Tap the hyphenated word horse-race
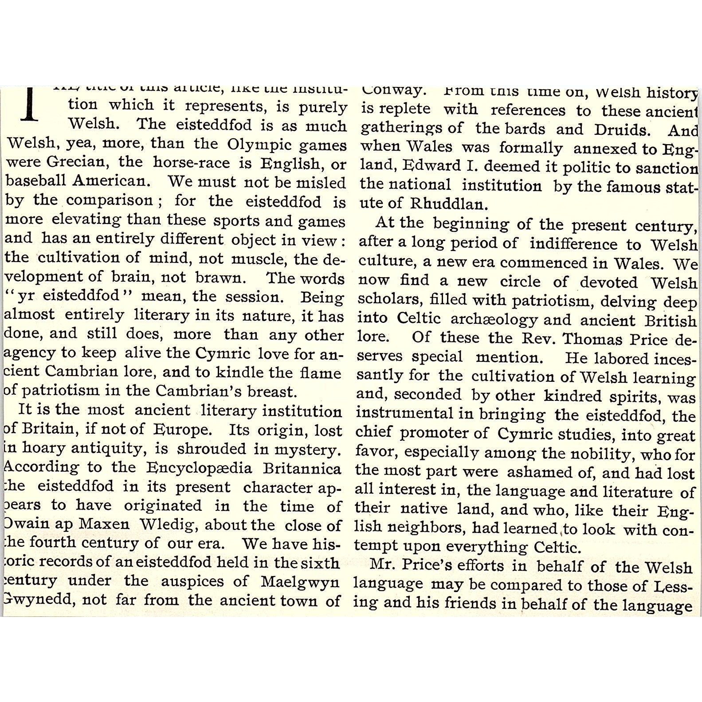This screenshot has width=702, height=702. coord(192,163)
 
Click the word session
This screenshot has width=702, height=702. coord(259,296)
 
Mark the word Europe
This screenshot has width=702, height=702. coord(181,429)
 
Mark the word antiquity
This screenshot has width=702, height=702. coord(106,448)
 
